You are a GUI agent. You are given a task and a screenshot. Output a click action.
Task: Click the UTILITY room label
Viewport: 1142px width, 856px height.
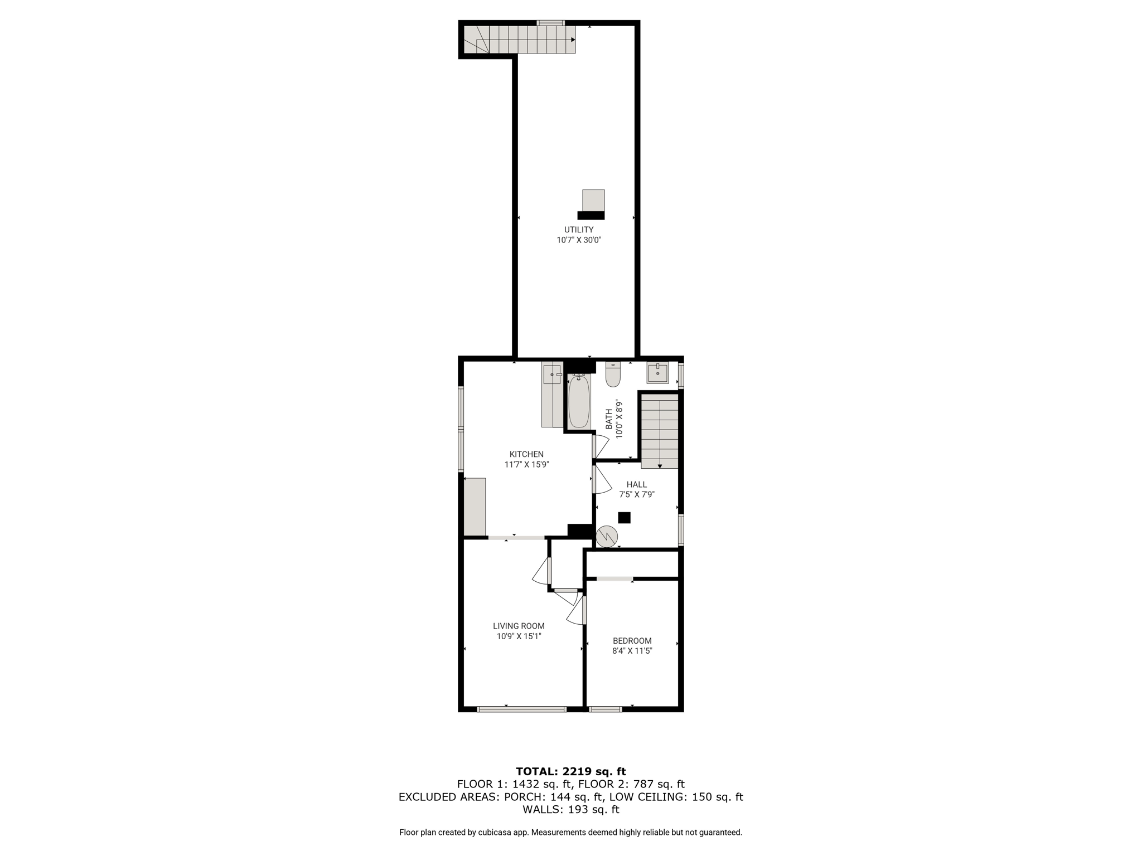(579, 230)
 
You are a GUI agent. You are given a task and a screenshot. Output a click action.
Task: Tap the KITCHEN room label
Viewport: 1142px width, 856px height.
(526, 454)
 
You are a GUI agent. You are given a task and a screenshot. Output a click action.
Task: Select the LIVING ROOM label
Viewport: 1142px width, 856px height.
(519, 626)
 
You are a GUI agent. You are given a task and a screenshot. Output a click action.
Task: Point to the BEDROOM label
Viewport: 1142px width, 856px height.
(632, 641)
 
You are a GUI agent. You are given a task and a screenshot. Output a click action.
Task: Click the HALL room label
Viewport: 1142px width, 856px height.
(636, 484)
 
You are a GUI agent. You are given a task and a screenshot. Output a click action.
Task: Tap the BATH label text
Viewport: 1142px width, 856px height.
(609, 419)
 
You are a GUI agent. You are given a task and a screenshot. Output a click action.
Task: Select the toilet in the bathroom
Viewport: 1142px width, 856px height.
(613, 374)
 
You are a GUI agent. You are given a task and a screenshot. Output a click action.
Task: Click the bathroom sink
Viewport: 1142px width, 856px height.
(658, 373)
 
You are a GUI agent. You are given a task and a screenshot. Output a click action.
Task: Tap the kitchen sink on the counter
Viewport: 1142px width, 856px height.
(552, 375)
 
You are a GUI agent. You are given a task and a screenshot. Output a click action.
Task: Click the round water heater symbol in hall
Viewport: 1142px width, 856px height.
(607, 537)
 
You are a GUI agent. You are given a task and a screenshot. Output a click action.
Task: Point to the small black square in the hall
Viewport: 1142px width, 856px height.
(624, 518)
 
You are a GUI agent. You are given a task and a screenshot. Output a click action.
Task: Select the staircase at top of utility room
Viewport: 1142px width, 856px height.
(519, 40)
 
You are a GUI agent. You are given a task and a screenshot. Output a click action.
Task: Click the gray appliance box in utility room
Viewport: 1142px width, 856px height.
(593, 201)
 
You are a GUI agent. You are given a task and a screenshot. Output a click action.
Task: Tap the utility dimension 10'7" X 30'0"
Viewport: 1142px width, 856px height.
(579, 240)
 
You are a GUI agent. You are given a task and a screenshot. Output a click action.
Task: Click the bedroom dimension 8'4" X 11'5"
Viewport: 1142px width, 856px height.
(632, 651)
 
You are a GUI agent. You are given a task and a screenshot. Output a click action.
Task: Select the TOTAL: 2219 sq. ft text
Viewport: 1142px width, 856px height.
(571, 771)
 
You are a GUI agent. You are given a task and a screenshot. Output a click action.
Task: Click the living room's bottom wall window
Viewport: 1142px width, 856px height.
(521, 709)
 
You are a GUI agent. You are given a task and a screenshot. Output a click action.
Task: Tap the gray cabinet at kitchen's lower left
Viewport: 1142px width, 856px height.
(475, 507)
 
